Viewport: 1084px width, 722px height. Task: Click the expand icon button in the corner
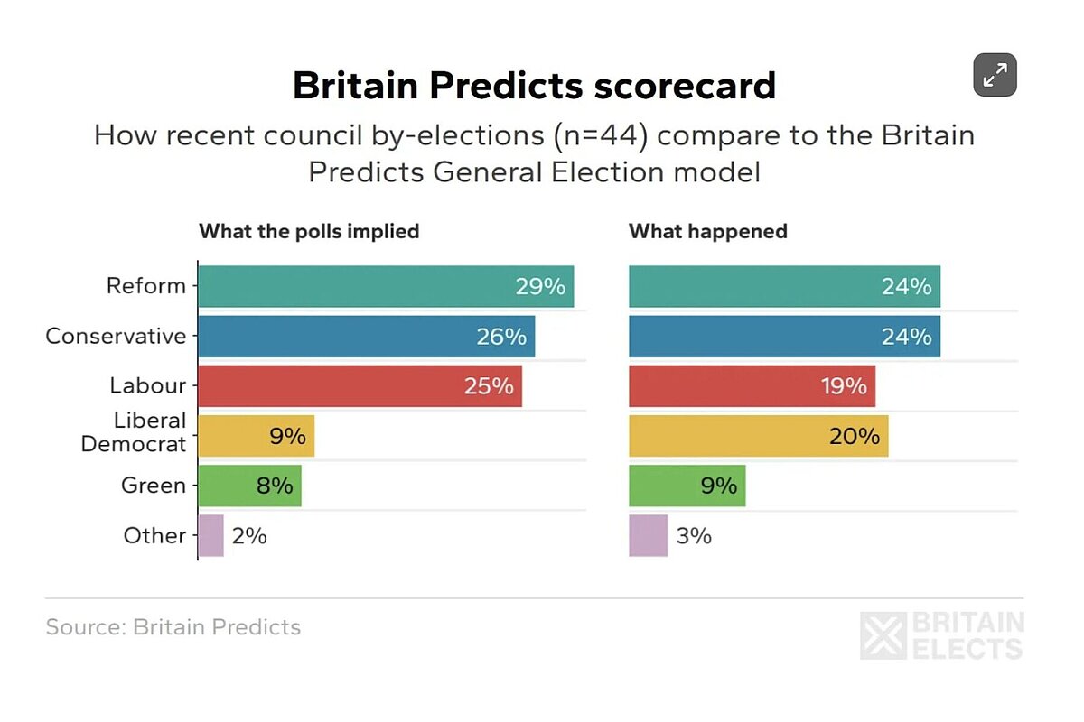click(x=995, y=75)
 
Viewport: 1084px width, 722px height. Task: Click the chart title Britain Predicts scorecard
click(x=534, y=86)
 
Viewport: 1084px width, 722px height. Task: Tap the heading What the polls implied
click(x=309, y=231)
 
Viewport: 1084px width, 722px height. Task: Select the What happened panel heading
click(x=708, y=231)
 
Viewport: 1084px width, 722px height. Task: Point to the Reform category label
click(x=146, y=286)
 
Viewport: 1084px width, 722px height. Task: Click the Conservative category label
click(x=116, y=337)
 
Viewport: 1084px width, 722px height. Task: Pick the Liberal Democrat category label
click(x=134, y=432)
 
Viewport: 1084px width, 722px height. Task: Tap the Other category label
click(x=154, y=535)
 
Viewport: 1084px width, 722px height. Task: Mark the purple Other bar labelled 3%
click(x=648, y=535)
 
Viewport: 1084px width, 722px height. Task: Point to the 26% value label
click(x=500, y=337)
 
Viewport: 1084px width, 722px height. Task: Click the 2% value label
click(x=248, y=535)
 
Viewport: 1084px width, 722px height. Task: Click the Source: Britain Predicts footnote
click(x=173, y=627)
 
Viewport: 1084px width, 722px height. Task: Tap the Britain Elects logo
click(x=941, y=635)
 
